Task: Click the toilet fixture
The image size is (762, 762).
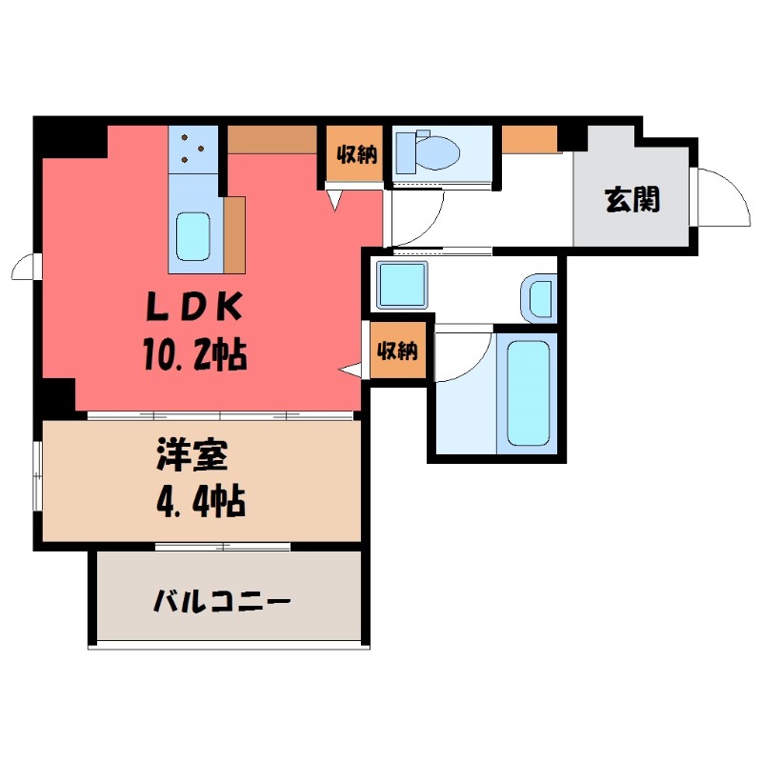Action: (x=428, y=150)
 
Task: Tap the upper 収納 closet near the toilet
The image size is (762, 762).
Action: (x=355, y=153)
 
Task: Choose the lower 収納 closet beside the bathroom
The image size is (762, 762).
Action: (x=396, y=351)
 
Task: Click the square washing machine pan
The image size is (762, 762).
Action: (x=402, y=285)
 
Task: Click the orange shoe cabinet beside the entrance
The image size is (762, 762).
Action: (x=529, y=138)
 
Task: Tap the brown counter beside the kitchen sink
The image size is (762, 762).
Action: (x=235, y=233)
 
